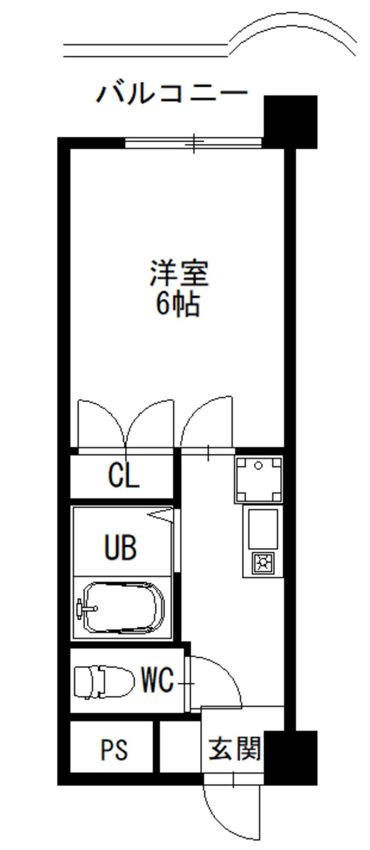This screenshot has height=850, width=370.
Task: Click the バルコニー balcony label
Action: coord(171,93)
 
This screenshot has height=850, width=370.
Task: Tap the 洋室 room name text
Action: coord(179,273)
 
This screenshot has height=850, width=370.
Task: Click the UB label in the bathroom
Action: coord(120,547)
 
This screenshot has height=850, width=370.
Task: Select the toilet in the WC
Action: coord(104,682)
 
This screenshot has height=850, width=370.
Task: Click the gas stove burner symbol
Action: coord(262,563)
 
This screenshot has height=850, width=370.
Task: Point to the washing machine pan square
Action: coord(258,479)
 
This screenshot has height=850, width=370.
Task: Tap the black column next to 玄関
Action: coord(290,757)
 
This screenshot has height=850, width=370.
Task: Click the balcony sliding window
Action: coord(193,143)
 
